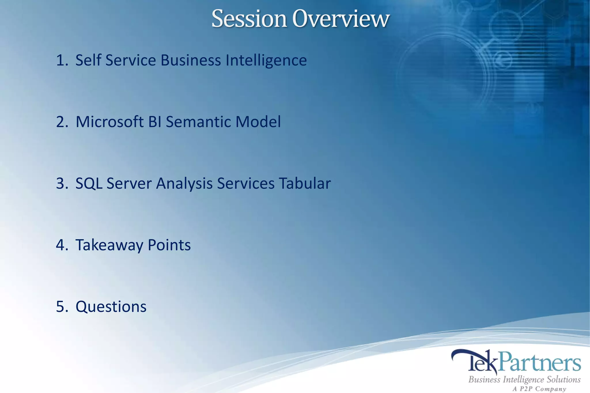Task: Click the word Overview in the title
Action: (341, 19)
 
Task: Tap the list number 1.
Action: (61, 60)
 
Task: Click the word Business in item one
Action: (191, 60)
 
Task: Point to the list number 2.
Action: (61, 122)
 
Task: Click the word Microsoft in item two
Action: (109, 122)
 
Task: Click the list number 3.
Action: (61, 183)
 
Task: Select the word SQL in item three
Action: (89, 183)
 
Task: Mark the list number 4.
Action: (61, 245)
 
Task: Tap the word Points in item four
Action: (169, 245)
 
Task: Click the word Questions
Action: (111, 307)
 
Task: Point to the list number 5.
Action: (61, 307)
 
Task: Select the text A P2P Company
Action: (539, 389)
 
